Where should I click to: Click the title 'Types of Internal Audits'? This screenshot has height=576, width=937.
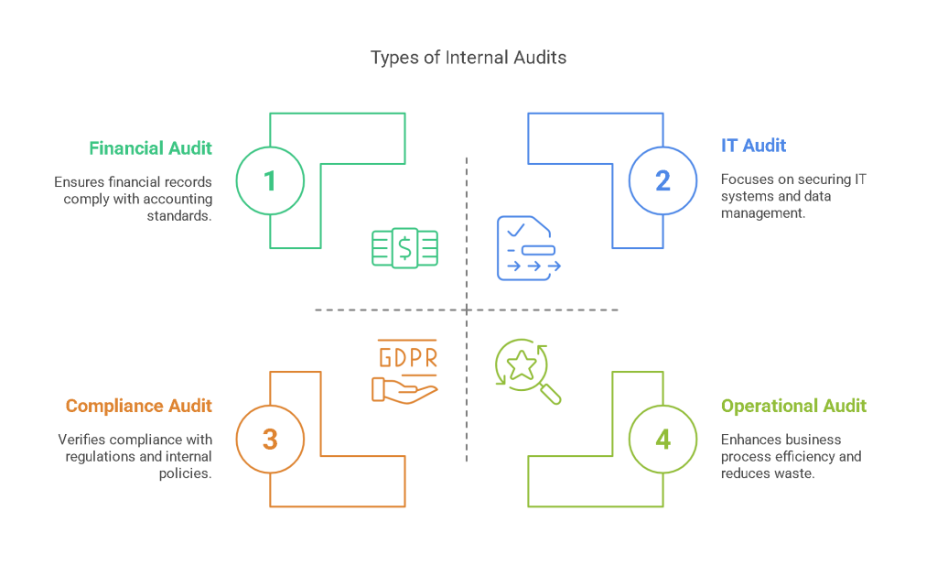click(468, 58)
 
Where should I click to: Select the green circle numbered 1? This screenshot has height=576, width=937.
click(270, 180)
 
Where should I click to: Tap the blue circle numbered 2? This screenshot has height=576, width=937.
click(662, 180)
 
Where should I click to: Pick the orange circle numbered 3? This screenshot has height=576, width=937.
click(270, 440)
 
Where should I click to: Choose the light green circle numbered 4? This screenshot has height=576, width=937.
click(662, 440)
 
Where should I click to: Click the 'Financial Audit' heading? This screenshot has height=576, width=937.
click(151, 147)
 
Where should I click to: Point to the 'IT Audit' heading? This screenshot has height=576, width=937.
click(753, 145)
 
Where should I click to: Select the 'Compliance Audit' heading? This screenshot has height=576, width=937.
click(139, 406)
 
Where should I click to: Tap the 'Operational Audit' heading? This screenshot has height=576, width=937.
click(793, 406)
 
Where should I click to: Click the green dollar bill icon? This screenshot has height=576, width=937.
click(404, 248)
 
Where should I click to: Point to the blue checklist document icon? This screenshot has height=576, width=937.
click(528, 247)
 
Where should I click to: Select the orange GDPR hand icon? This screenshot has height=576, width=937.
click(405, 371)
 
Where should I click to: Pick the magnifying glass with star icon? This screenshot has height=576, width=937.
click(527, 370)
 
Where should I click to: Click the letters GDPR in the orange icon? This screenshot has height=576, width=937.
click(407, 357)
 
